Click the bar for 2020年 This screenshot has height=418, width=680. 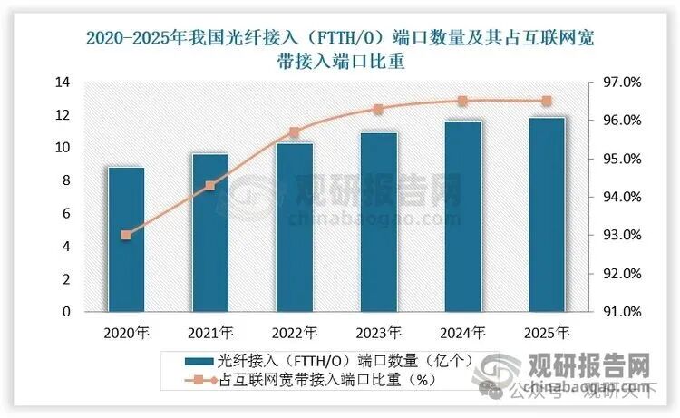(126, 239)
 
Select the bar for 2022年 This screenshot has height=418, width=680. (295, 228)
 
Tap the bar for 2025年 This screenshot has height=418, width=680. (548, 215)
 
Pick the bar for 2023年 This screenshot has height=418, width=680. (379, 222)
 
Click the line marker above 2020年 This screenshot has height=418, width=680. (126, 235)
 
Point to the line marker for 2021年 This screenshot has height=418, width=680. (210, 186)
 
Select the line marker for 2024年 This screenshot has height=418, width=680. (462, 102)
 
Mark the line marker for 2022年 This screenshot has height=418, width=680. (295, 132)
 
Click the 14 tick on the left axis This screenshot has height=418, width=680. (63, 83)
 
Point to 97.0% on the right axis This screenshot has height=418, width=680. (622, 83)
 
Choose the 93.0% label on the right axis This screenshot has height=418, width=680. (622, 236)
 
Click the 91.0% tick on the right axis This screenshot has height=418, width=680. (622, 312)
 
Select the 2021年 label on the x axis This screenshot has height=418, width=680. (210, 332)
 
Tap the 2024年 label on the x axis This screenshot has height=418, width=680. (462, 332)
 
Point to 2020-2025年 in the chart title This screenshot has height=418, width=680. (136, 39)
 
